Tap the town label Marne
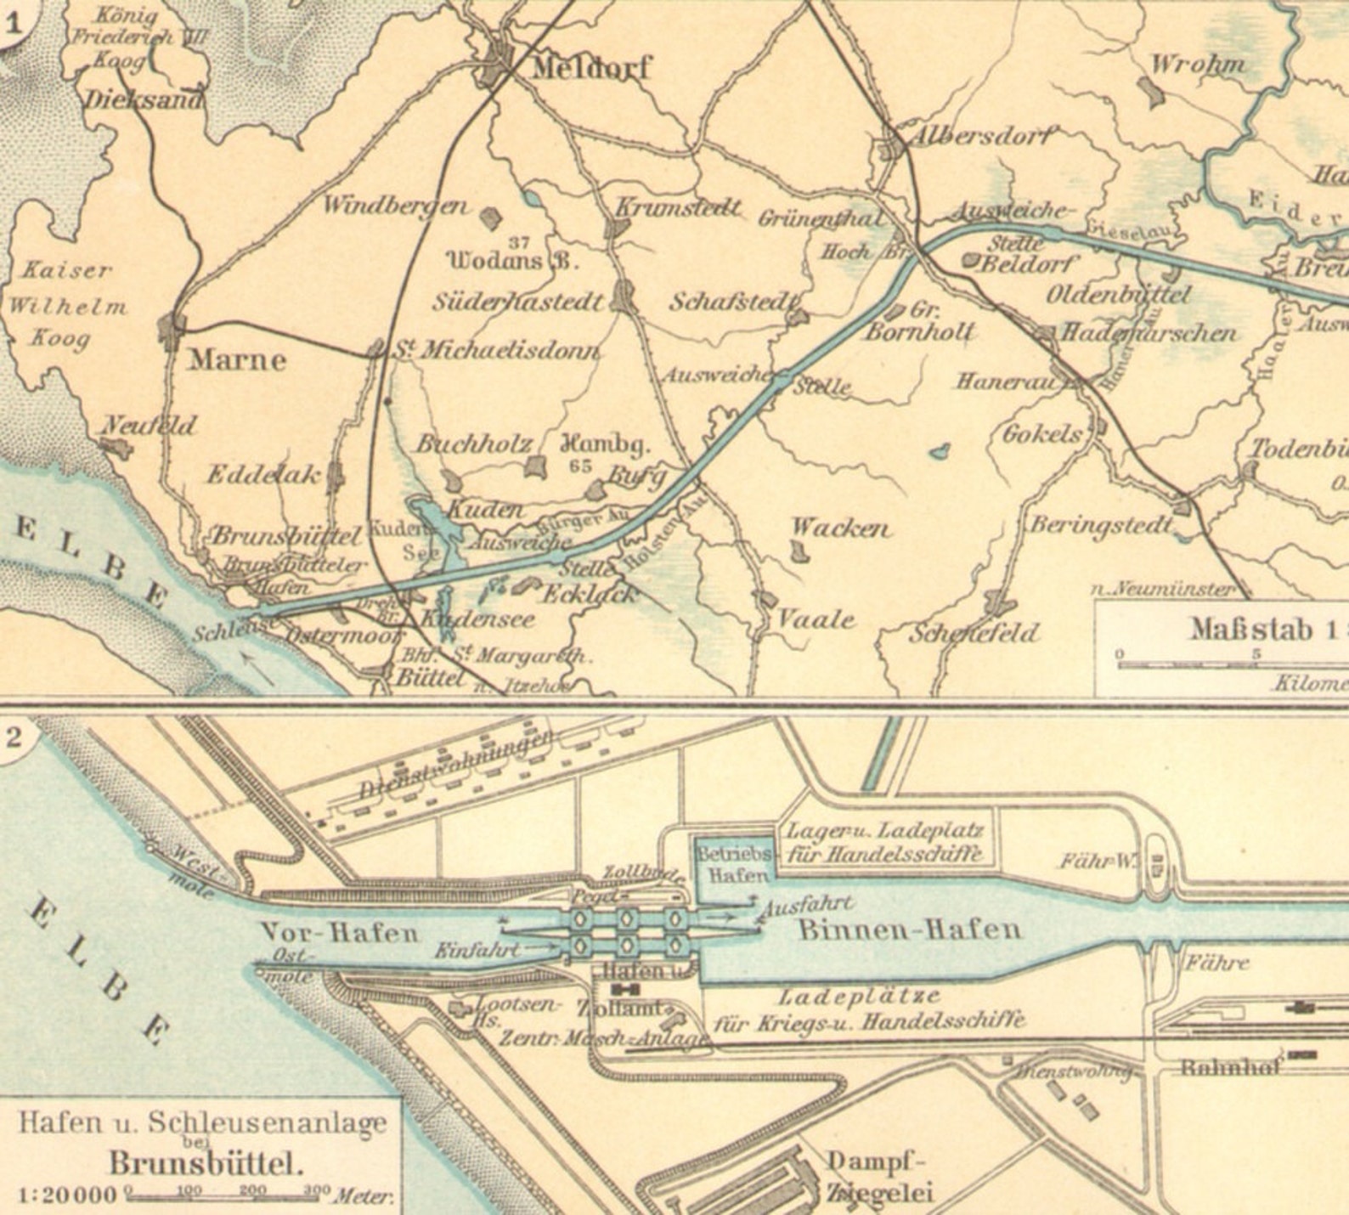pos(237,359)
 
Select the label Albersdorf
pos(981,136)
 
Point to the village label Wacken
pos(840,528)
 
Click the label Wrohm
pos(1197,64)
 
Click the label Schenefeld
pos(974,633)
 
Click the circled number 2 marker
pos(14,736)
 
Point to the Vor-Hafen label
pos(340,933)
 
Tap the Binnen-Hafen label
pos(909,929)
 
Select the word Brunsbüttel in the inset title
pos(206,1162)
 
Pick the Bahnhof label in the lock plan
pos(1230,1067)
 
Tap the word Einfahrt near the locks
pos(477,951)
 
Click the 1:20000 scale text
pos(66,1195)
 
